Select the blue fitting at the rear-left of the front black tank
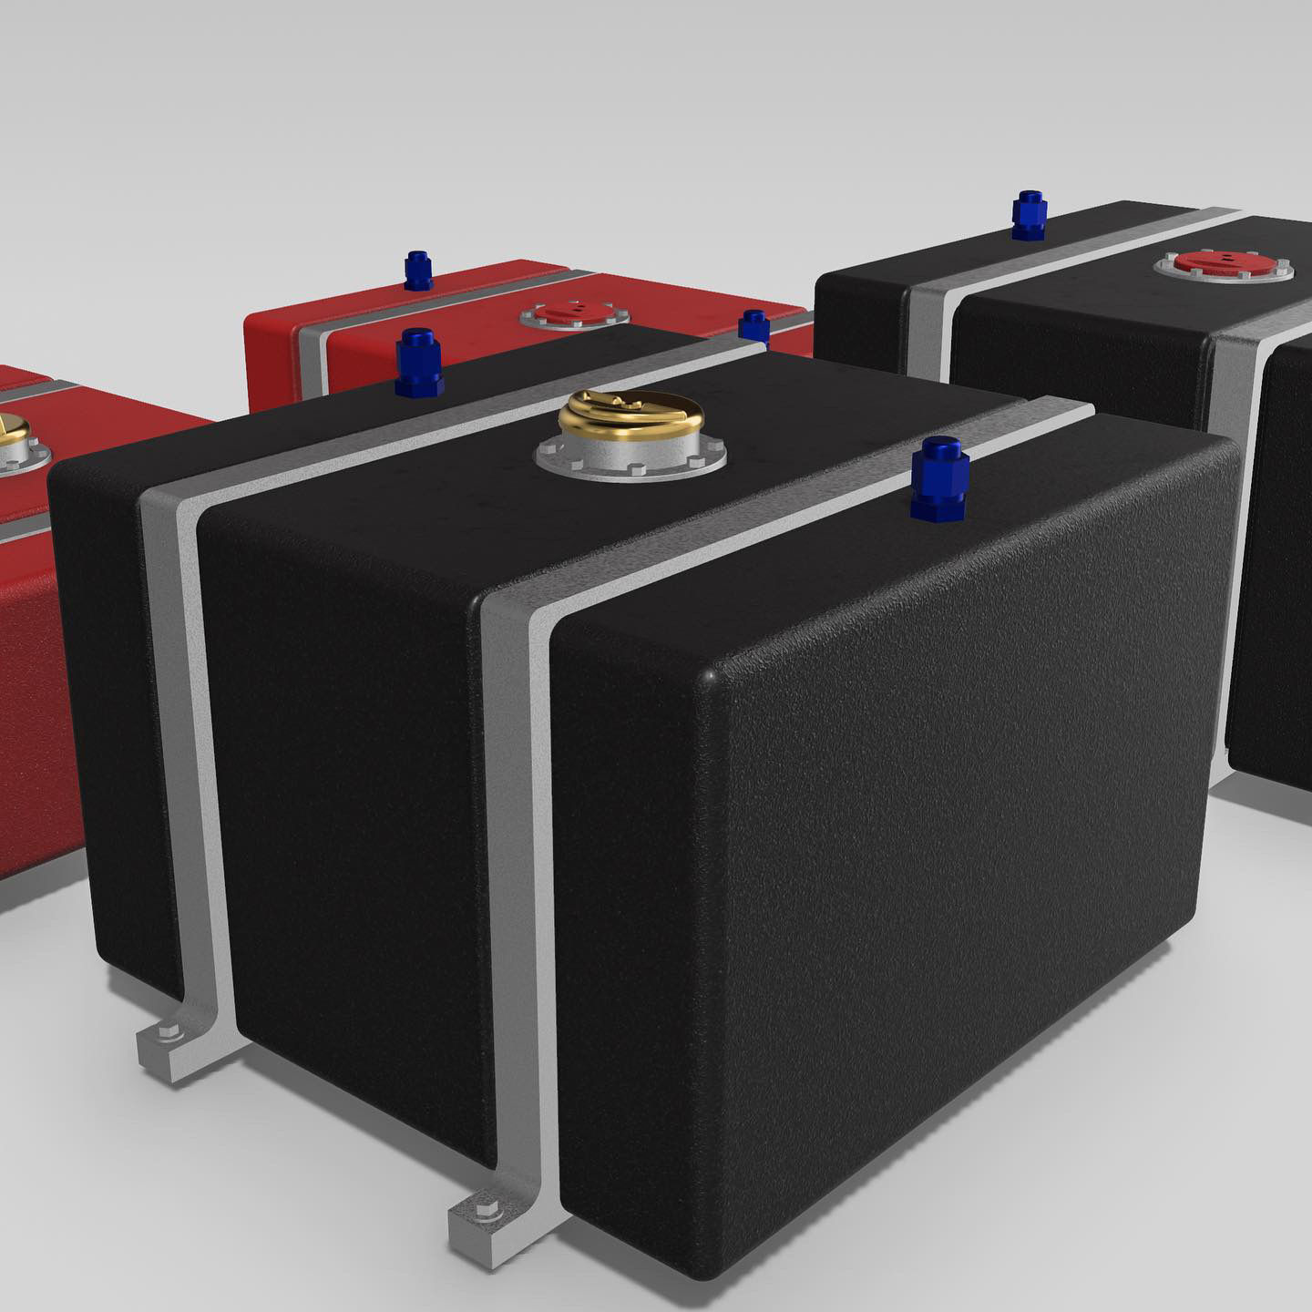(418, 363)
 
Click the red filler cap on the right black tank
(1223, 262)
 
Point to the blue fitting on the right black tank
(1029, 216)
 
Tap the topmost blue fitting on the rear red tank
(417, 271)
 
